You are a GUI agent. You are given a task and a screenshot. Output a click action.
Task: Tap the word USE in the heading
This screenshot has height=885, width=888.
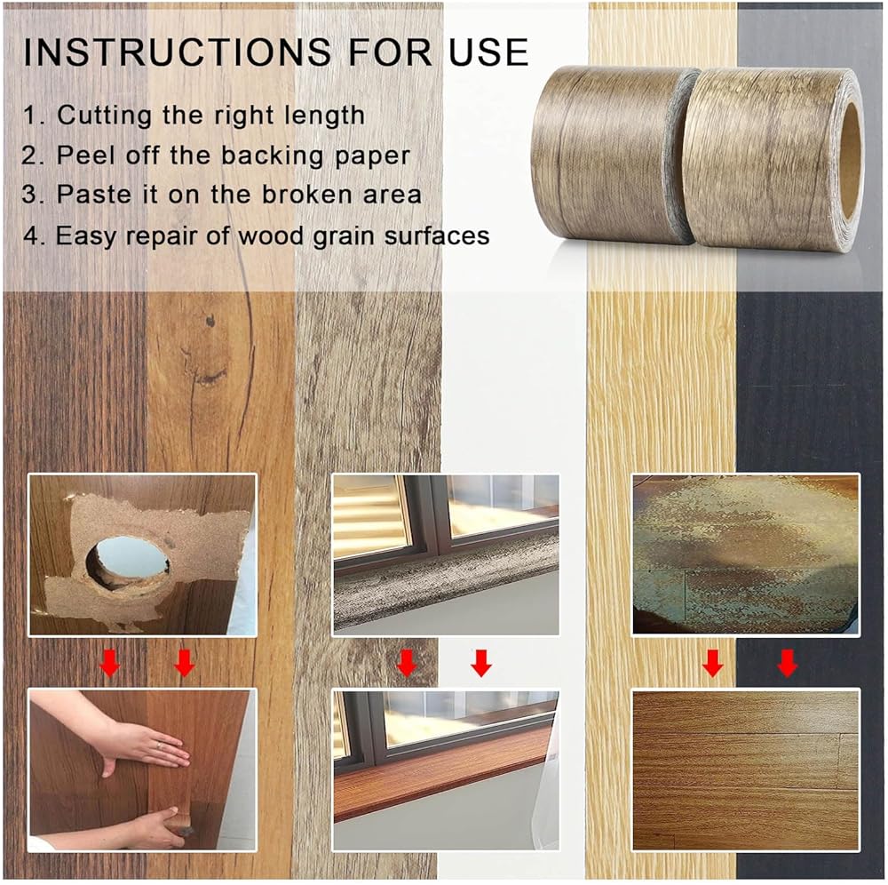pos(488,52)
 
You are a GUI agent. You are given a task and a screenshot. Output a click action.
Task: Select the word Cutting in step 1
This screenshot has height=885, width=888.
pos(104,116)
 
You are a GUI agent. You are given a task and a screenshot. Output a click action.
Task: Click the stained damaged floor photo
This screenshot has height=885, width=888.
pos(746,554)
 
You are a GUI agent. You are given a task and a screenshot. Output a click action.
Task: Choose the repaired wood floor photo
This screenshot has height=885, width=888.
pos(746,769)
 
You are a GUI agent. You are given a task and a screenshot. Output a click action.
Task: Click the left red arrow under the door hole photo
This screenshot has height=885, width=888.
pos(110,663)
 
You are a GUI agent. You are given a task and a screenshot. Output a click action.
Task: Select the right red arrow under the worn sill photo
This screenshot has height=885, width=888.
pos(480,663)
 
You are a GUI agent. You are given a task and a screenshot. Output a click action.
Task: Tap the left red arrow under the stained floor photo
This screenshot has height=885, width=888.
pos(712,663)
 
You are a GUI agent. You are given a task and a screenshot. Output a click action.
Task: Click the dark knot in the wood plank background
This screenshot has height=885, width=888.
pos(210,322)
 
